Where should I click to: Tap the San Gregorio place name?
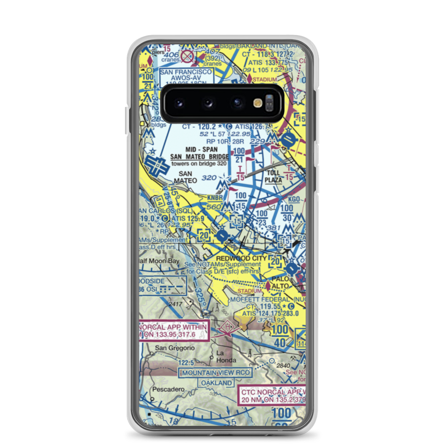click(x=175, y=348)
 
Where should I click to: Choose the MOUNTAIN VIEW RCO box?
click(x=215, y=373)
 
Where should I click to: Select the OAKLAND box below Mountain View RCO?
click(x=217, y=383)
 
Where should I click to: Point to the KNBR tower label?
click(x=215, y=198)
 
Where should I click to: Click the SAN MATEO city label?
click(x=185, y=177)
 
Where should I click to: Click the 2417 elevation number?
click(x=176, y=304)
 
